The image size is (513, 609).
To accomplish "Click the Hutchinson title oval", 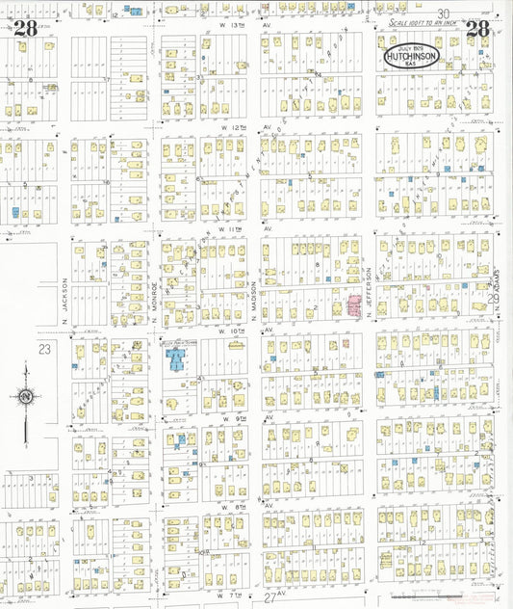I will coord(411,57).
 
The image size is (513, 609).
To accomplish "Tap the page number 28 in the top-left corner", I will coord(26,28).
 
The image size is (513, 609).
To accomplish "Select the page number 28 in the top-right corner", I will coord(477,28).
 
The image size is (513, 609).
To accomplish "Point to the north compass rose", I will coord(26,396).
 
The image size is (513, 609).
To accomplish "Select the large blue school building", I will coord(177,359).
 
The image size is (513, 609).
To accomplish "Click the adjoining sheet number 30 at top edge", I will coord(444,13).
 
